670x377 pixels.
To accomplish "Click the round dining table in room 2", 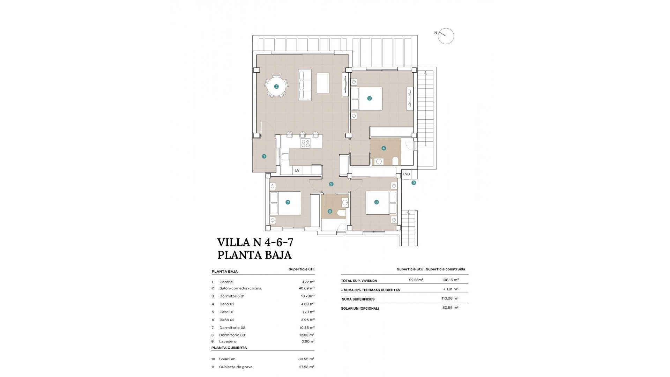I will point(276,87).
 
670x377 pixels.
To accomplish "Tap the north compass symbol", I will point(446,36).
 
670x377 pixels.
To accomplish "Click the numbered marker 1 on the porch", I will point(264,156).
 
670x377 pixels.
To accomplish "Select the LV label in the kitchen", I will point(297,171).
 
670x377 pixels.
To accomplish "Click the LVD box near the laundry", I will point(407,174).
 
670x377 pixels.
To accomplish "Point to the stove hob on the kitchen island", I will point(305,143).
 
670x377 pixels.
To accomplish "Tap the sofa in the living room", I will point(305,85).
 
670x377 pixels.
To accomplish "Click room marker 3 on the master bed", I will point(370,98).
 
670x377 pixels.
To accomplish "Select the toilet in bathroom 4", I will point(395,161).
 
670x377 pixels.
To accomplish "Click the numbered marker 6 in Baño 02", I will point(330,211).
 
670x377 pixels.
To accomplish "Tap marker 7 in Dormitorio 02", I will point(288,202).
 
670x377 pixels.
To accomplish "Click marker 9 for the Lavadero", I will point(414,183).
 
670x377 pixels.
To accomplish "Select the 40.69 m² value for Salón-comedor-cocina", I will point(306,288).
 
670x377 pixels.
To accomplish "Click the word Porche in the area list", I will point(226,282).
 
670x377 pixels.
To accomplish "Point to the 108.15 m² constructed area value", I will point(450,280).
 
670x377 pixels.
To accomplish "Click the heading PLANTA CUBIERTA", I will point(229,348).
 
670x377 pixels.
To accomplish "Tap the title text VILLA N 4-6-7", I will point(255,242).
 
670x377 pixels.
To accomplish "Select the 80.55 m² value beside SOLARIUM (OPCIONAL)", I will point(450,308).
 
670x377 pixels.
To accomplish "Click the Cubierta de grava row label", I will point(236,367).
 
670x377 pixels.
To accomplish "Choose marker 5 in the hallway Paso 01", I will point(331,184).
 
